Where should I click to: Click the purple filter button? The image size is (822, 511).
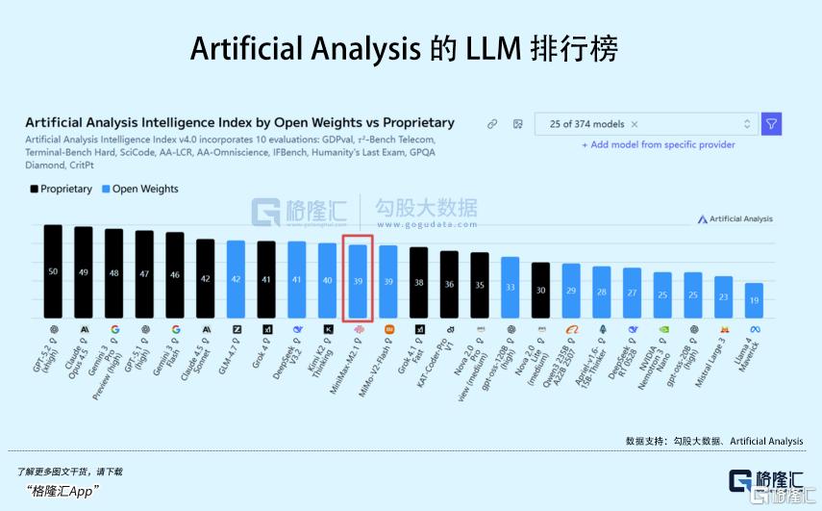coord(771,124)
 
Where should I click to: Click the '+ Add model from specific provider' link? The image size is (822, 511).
coord(659,144)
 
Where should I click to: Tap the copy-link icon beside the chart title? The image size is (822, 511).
coord(491,124)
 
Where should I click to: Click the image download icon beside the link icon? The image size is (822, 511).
coord(517,124)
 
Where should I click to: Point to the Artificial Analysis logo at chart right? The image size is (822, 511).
coord(735,219)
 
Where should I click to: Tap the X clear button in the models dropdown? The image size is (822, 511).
coord(635,124)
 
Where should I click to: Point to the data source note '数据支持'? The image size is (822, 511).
coord(713,441)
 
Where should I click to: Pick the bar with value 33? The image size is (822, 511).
coord(511,288)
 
